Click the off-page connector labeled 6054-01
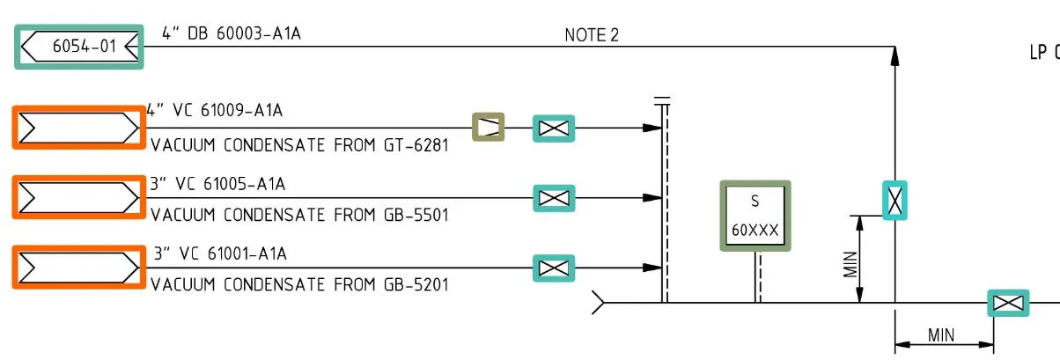point(79,48)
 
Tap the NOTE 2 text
point(592,35)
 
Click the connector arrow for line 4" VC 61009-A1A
point(78,129)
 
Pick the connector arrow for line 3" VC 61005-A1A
point(78,197)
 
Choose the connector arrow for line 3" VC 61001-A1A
point(78,268)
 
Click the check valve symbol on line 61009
point(488,128)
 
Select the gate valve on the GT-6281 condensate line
point(553,129)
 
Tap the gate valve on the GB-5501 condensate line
point(553,198)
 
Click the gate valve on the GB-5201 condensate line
point(553,268)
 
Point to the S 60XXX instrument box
point(755,216)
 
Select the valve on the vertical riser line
point(894,199)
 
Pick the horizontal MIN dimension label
point(941,334)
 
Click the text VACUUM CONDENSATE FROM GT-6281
point(299,145)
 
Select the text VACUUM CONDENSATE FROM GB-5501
point(299,215)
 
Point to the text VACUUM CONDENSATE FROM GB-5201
point(299,284)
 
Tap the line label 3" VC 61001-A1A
point(220,254)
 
